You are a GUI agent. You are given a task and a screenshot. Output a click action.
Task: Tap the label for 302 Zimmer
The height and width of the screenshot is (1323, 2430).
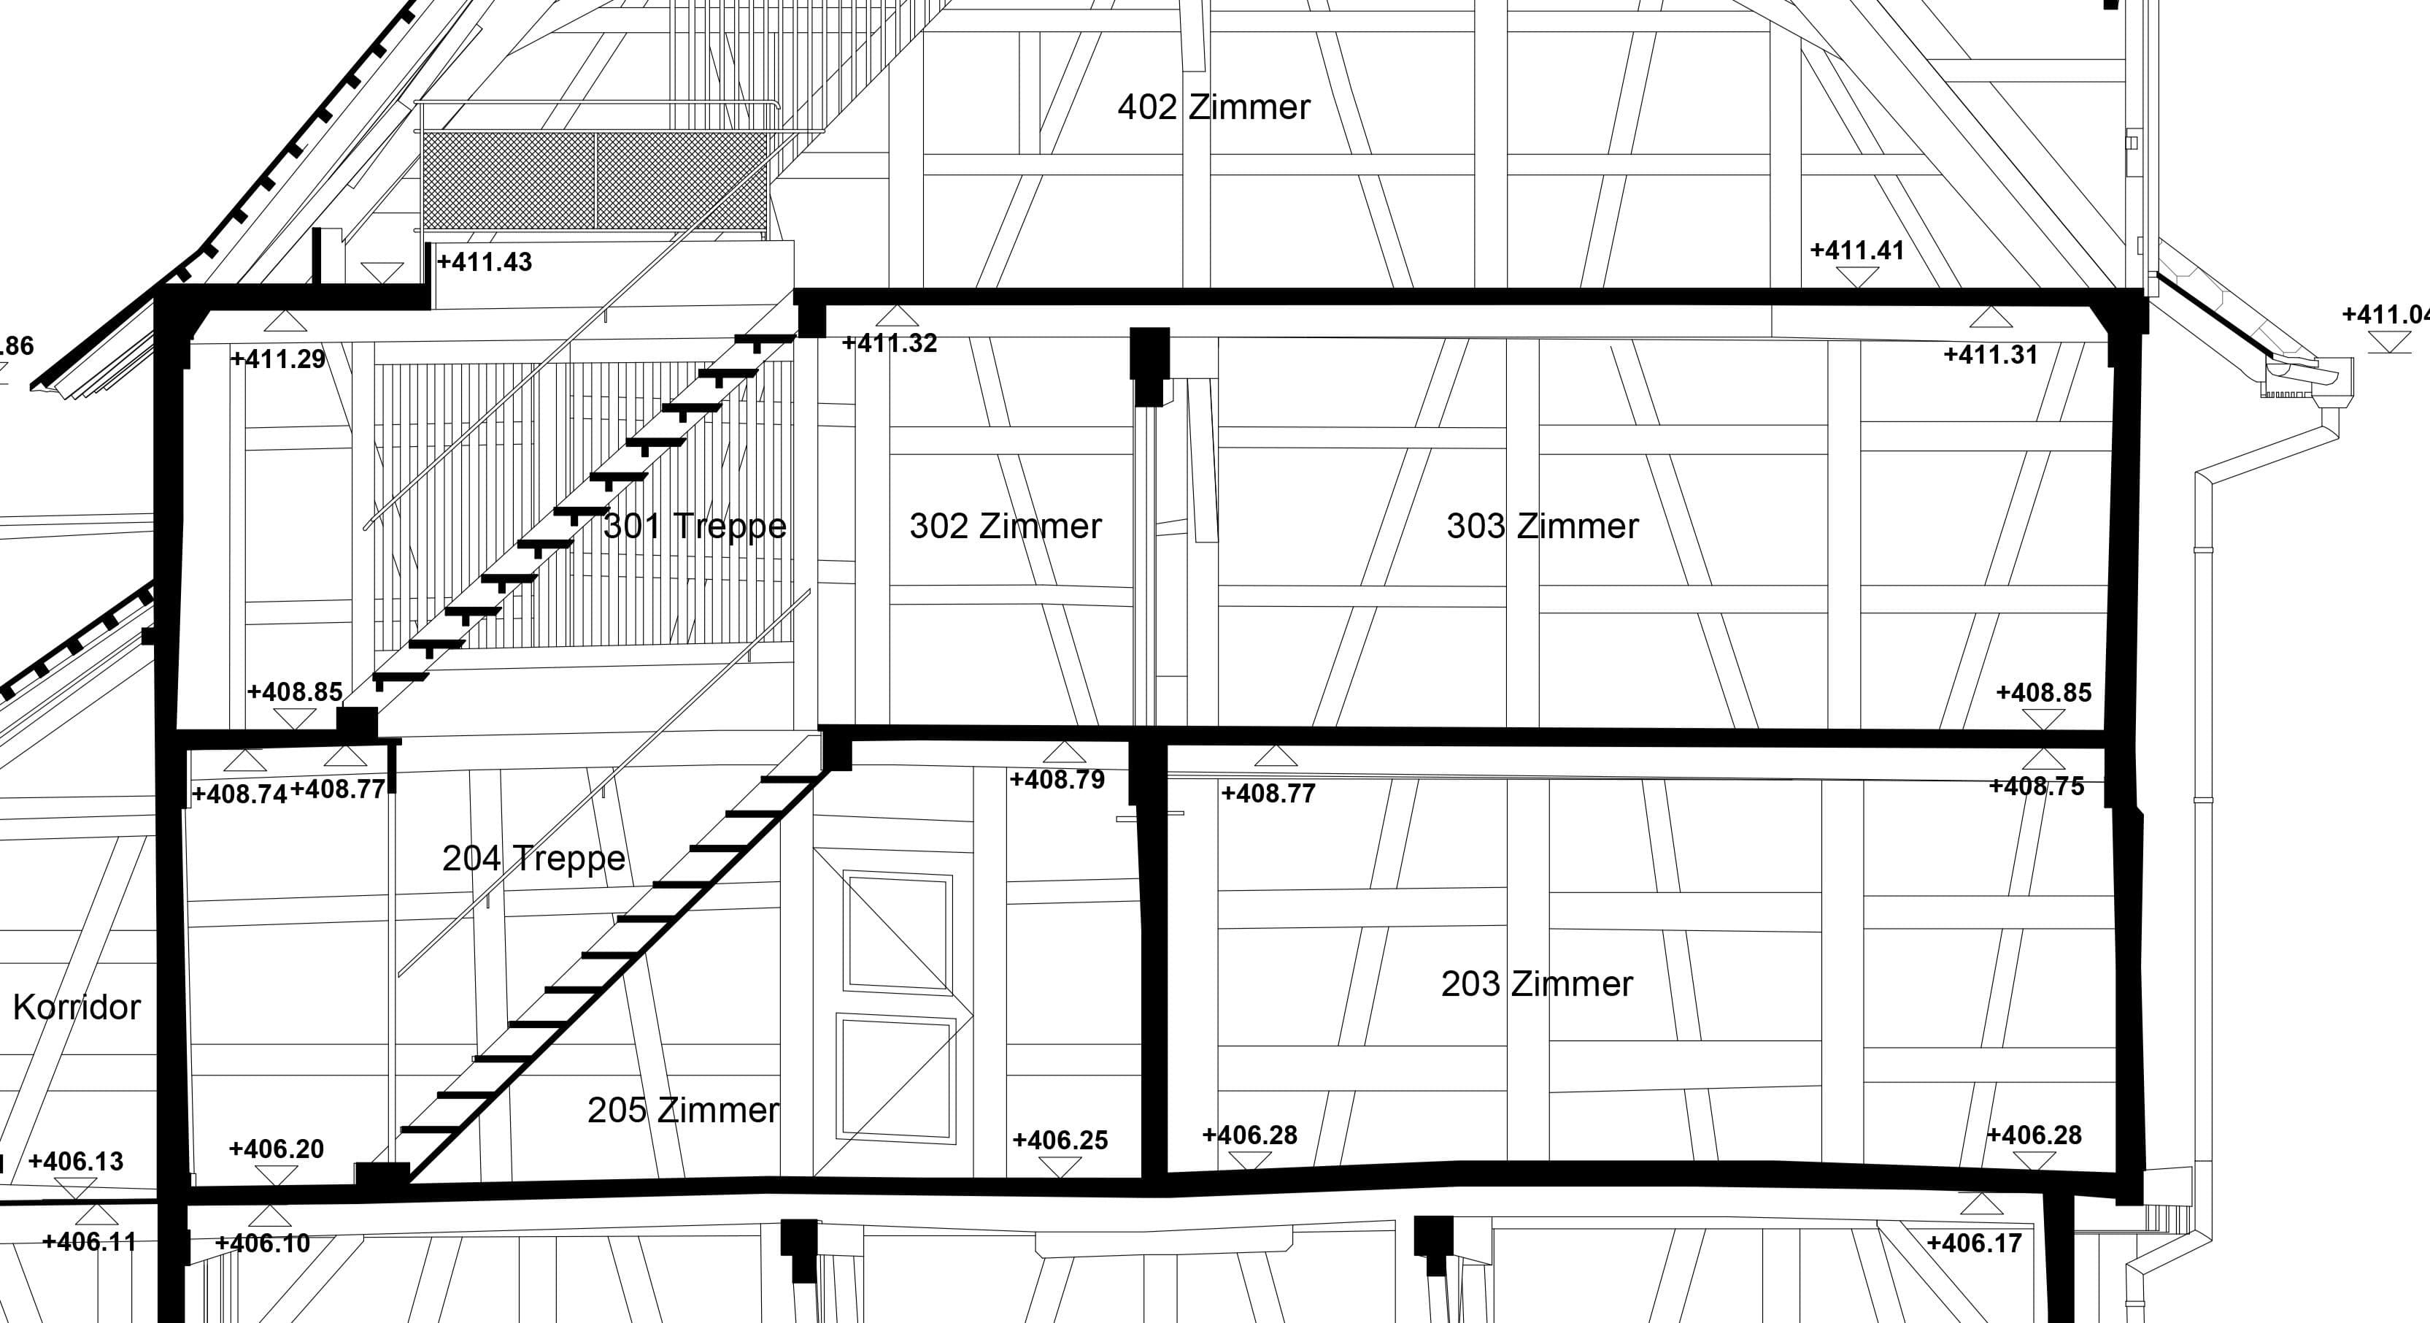(1005, 526)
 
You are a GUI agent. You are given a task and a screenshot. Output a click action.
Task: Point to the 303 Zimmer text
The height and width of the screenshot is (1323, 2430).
(1543, 526)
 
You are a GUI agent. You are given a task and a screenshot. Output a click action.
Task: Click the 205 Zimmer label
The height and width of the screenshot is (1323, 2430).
(683, 1110)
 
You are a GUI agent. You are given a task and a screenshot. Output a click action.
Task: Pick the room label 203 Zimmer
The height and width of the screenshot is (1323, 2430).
(1537, 984)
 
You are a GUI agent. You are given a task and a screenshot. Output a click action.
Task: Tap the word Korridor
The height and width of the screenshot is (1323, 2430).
(77, 1007)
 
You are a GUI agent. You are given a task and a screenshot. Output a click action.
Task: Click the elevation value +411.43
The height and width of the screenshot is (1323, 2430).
(485, 262)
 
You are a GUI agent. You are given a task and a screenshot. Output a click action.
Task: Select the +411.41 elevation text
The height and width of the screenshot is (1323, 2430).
(1856, 251)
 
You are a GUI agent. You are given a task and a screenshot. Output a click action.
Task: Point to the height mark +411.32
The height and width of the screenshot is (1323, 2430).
(890, 343)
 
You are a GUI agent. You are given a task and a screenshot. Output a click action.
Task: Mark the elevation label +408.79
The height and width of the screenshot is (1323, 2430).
(1057, 780)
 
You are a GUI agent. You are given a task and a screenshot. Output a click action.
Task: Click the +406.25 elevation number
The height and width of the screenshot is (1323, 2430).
(1060, 1140)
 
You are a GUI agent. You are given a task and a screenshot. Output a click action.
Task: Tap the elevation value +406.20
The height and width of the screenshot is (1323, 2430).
(277, 1149)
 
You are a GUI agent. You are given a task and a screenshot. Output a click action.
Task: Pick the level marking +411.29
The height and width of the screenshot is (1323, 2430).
(278, 358)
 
